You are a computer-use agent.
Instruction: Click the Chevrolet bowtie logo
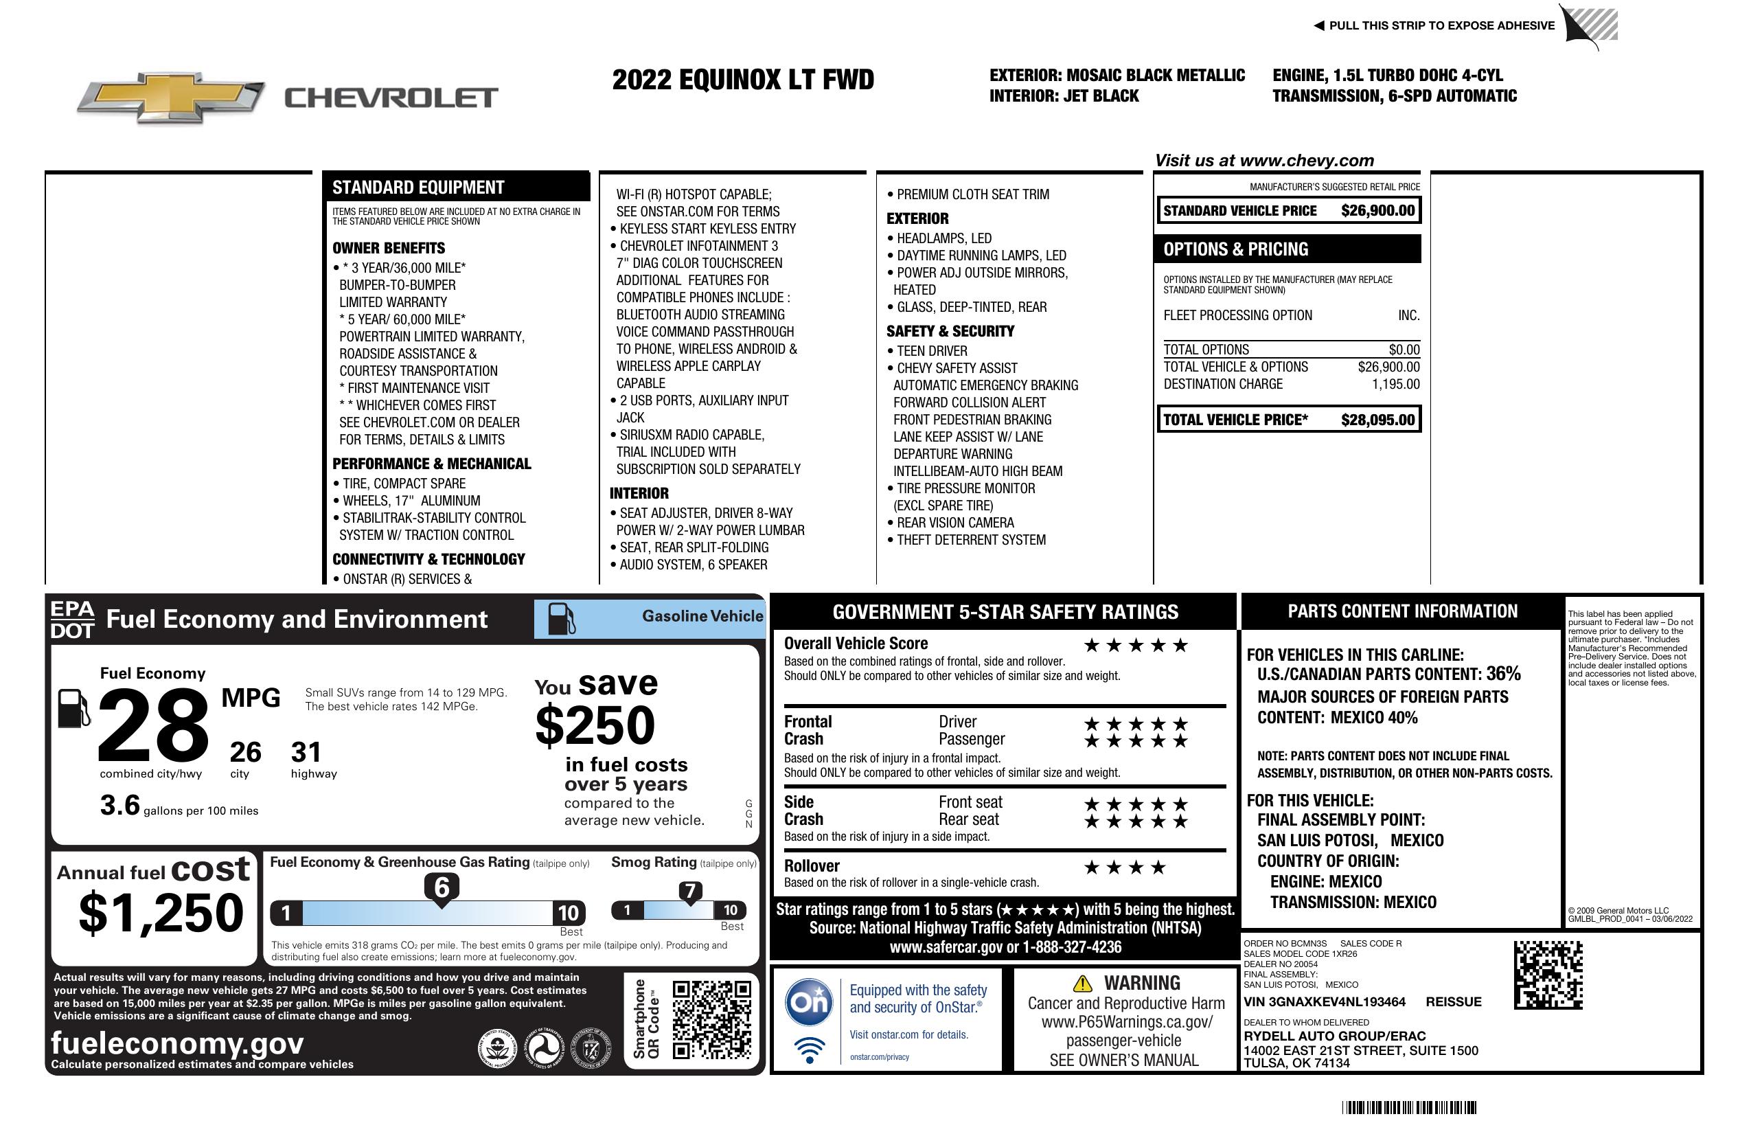pos(171,97)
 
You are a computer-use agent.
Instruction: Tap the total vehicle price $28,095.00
pos(1377,420)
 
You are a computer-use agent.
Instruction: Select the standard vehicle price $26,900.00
pos(1377,211)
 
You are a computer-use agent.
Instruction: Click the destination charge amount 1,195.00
pos(1395,384)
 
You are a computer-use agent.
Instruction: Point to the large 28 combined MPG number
pos(153,725)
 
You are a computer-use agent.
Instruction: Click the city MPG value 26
pos(245,752)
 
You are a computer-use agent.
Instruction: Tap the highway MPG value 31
pos(306,752)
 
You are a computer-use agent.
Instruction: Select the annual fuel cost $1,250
pos(161,914)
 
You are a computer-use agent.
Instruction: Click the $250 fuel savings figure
pos(595,725)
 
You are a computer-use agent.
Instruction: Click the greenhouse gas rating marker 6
pos(442,887)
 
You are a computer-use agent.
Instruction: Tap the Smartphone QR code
pos(711,1019)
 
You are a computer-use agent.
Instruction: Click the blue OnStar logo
pos(809,1001)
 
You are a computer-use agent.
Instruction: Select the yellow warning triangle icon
pos(1082,983)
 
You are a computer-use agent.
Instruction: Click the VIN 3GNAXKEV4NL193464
pos(1325,1002)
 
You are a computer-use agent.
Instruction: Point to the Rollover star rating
pos(1125,867)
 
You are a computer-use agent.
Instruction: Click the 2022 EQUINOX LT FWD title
pos(743,80)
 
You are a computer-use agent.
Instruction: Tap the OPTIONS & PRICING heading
pos(1236,249)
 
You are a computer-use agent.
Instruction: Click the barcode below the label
pos(1409,1107)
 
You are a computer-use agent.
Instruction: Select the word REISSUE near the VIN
pos(1454,1002)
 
